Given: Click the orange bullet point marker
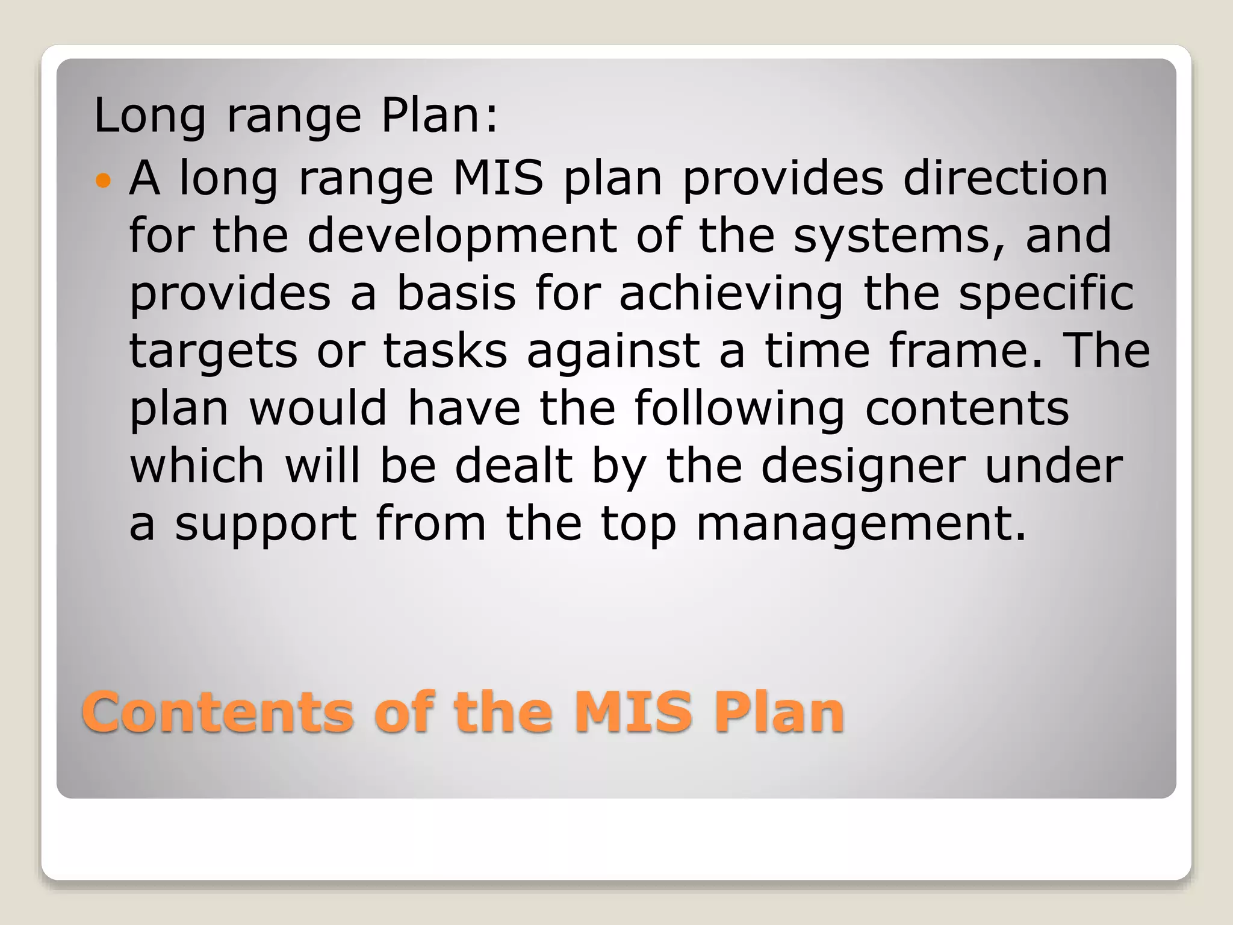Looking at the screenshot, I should click(104, 180).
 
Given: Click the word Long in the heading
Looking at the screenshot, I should click(150, 116).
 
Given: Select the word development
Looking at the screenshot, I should click(462, 236).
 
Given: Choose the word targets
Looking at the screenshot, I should click(213, 351).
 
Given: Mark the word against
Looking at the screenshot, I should click(613, 351).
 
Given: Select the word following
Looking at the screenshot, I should click(739, 409).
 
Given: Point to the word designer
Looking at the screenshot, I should click(863, 467).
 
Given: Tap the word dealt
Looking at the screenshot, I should click(513, 467).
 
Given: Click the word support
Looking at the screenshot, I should click(266, 525).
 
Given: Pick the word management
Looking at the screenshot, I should click(860, 525).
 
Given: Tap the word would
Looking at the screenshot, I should click(317, 409).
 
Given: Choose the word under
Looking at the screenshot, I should click(1054, 467).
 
